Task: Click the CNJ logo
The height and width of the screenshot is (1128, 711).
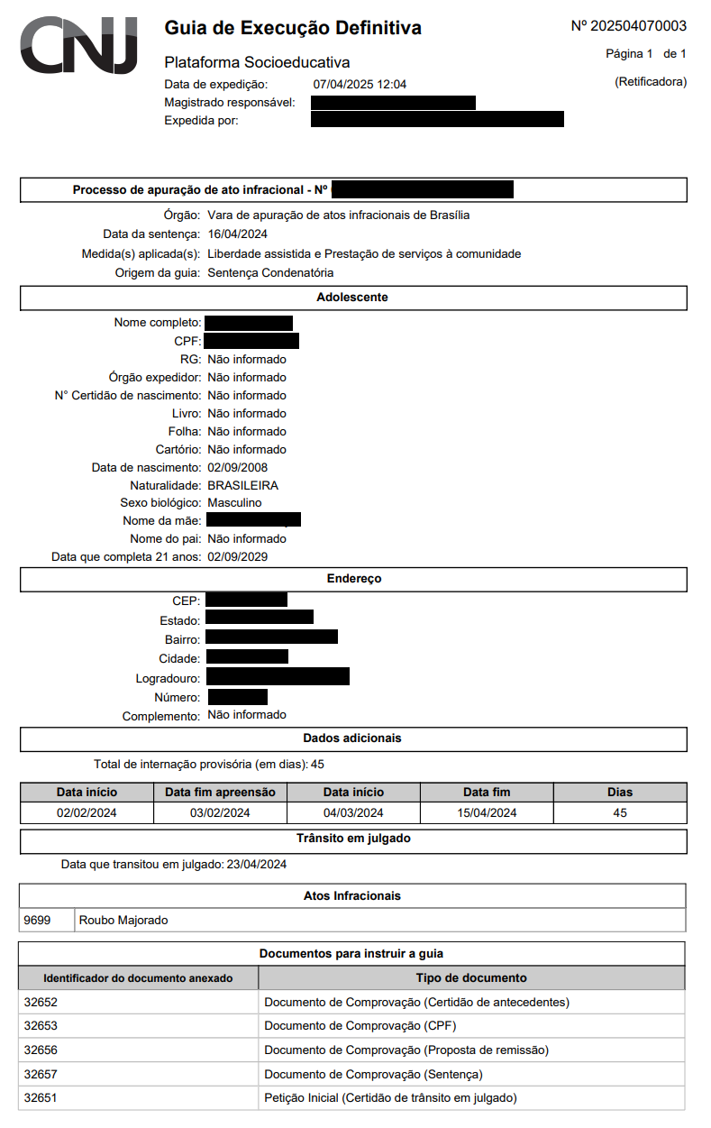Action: tap(79, 45)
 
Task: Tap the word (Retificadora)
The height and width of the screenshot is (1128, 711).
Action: tap(650, 82)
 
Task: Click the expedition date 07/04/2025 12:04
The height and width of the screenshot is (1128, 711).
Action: tap(360, 85)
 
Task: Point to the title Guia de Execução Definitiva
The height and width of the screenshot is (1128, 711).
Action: tap(293, 29)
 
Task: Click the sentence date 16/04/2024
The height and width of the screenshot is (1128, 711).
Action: tap(237, 234)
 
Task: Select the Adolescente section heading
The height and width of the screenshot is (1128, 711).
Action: tap(352, 297)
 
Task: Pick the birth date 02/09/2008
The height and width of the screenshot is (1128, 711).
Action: tap(237, 467)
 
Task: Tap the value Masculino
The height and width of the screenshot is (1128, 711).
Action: tap(234, 502)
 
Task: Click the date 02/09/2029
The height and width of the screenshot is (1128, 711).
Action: tap(237, 556)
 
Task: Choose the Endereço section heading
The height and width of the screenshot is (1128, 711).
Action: tap(354, 578)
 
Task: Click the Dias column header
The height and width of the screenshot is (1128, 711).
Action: tap(620, 792)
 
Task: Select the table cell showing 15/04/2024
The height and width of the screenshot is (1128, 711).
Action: tap(487, 812)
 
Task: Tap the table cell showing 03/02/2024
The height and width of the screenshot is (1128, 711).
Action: tap(220, 812)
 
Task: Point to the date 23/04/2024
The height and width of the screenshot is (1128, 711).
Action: tap(256, 865)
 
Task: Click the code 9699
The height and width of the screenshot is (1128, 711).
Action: tap(38, 920)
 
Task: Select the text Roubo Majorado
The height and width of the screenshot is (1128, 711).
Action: tap(123, 920)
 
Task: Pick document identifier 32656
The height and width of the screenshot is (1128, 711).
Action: tap(41, 1050)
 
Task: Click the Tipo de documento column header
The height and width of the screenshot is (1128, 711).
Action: tap(470, 977)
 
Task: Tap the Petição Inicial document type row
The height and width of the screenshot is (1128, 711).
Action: tap(389, 1098)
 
